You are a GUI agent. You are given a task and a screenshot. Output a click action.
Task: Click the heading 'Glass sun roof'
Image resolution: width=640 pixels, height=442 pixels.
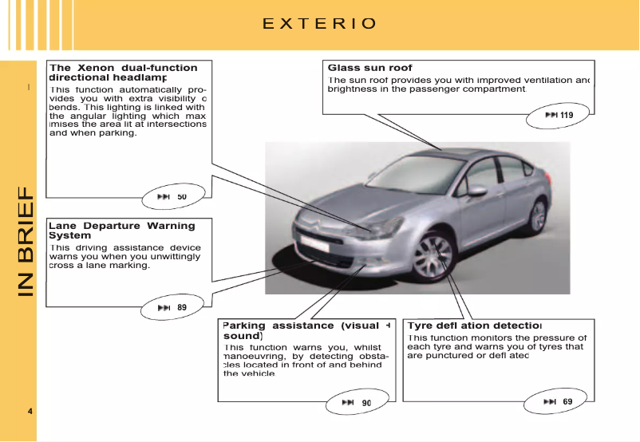tap(369, 68)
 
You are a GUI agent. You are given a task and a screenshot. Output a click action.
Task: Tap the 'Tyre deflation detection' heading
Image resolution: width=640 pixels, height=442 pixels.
tap(474, 326)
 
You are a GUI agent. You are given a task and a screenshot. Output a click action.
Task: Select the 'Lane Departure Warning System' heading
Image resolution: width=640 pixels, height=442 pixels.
tap(121, 231)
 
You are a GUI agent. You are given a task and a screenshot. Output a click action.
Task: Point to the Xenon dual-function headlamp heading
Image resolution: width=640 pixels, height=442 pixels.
tap(123, 73)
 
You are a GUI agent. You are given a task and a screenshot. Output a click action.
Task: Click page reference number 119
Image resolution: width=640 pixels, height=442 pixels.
tap(566, 116)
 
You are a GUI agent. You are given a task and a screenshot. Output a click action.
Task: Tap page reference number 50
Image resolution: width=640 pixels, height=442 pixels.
tap(182, 196)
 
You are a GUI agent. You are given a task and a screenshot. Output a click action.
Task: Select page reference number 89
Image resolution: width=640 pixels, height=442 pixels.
tap(182, 307)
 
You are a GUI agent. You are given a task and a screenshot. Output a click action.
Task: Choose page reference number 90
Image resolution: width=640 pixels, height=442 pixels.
tap(366, 403)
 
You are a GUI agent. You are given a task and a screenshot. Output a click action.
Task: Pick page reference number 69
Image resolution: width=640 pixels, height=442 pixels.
tap(567, 401)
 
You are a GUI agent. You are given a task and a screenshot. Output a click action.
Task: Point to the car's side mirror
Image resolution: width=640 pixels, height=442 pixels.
tap(476, 191)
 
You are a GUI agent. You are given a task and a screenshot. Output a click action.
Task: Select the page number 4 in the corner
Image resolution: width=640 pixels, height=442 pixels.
tap(30, 411)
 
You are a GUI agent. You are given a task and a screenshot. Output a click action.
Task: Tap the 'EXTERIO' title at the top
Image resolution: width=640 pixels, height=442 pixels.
tap(319, 23)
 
